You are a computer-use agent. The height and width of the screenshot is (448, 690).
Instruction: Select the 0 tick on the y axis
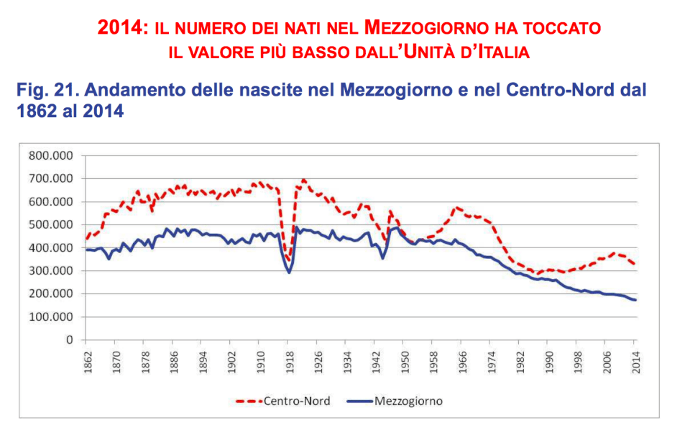70,339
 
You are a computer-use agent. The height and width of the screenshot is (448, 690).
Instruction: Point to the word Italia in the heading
494,52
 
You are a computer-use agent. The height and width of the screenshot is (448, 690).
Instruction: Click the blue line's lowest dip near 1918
290,273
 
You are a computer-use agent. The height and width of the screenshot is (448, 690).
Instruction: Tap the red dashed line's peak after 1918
304,180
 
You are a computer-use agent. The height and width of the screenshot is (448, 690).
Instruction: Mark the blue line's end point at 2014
635,300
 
